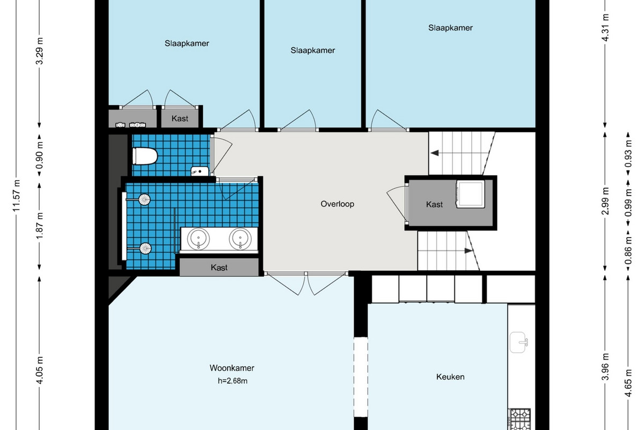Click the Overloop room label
(337, 204)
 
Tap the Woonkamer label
(232, 368)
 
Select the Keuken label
(450, 377)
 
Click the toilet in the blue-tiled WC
(144, 156)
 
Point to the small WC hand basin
(200, 171)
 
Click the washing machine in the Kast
(470, 194)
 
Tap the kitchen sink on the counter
(518, 342)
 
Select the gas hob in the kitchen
(521, 419)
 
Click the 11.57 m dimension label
(17, 196)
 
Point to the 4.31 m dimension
(605, 28)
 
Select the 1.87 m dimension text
(39, 226)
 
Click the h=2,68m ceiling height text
(232, 381)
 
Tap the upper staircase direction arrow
(434, 153)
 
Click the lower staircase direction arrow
(469, 250)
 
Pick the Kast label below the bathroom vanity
(219, 268)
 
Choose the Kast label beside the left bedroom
(180, 118)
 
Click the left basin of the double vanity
(199, 239)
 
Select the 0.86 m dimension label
(628, 250)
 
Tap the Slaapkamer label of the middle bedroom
(312, 51)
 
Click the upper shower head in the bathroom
(144, 199)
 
